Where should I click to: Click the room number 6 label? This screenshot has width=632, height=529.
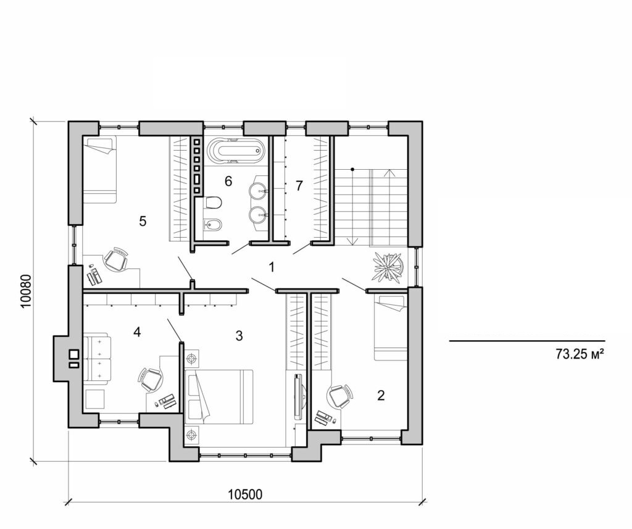coord(228,181)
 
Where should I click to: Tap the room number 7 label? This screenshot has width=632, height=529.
coord(299,185)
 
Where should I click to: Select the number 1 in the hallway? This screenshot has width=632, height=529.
coord(270,267)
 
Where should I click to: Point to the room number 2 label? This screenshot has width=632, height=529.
coord(381,396)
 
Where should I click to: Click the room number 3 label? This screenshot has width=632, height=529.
coord(239,336)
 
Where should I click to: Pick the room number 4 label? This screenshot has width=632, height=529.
coord(137,332)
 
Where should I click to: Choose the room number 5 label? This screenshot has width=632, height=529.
coord(143,221)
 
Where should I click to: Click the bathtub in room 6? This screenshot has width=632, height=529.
coord(235,150)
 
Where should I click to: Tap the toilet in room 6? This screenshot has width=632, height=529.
coord(214,202)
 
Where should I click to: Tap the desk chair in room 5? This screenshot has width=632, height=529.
coord(115,260)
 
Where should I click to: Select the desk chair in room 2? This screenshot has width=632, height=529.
coord(339,396)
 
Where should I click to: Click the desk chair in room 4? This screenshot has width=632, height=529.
coord(151,379)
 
